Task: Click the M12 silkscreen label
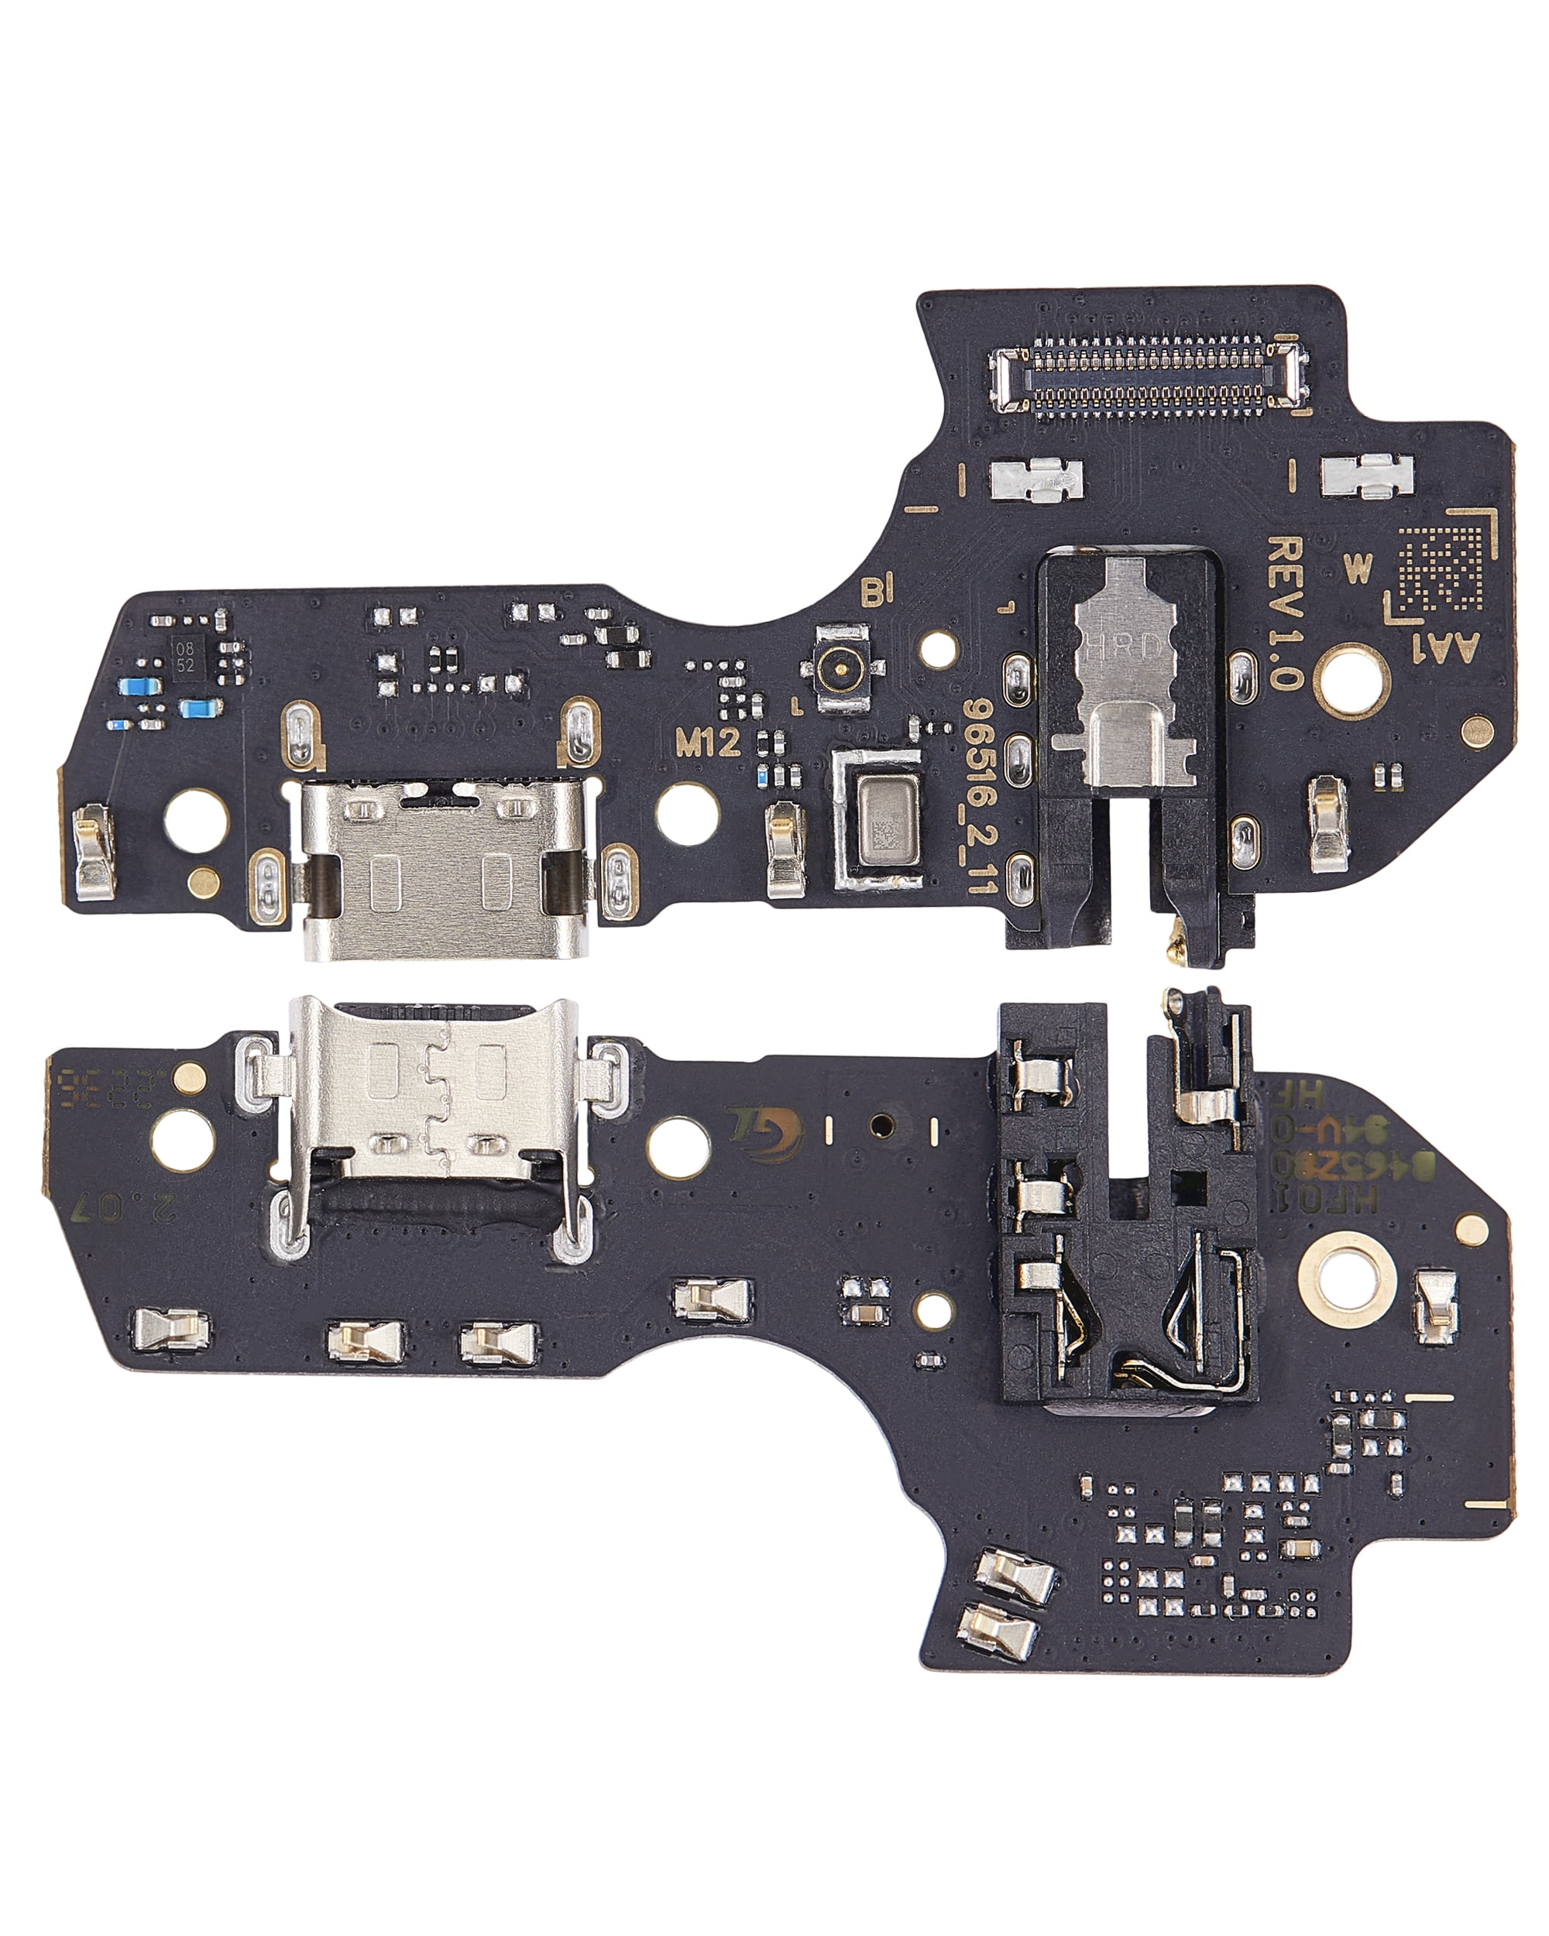[708, 742]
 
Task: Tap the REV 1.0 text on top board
[1284, 613]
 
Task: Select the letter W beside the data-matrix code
[1358, 568]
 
